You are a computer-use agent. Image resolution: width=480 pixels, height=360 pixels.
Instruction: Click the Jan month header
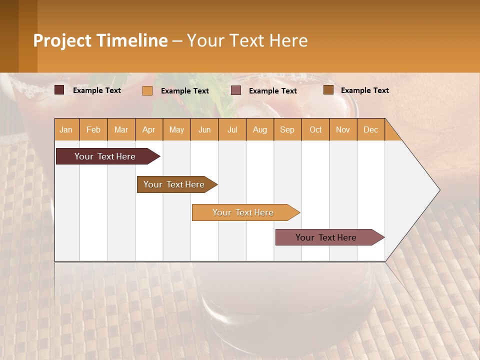click(66, 129)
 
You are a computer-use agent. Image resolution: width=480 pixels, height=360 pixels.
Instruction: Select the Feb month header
click(93, 129)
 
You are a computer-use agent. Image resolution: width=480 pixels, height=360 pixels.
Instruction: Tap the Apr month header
click(149, 129)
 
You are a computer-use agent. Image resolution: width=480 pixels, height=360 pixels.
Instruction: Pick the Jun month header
click(204, 129)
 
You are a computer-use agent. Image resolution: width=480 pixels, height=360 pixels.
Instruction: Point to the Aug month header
click(260, 129)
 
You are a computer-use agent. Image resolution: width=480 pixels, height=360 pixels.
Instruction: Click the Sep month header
click(287, 129)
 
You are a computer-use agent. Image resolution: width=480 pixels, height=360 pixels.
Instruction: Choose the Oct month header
click(315, 129)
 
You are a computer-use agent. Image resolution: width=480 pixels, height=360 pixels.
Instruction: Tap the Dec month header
click(371, 129)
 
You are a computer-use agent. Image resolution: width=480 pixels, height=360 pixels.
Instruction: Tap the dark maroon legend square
click(59, 90)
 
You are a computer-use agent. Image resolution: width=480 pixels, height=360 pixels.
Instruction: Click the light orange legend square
click(147, 90)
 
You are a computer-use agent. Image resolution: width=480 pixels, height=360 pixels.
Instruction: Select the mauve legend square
click(236, 90)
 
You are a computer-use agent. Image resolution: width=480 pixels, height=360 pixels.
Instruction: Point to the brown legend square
click(328, 90)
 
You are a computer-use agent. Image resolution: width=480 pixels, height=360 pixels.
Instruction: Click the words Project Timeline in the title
click(100, 40)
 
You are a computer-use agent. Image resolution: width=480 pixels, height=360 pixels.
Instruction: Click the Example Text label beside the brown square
click(365, 90)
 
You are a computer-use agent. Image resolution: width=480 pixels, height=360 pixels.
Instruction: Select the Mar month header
click(121, 129)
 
